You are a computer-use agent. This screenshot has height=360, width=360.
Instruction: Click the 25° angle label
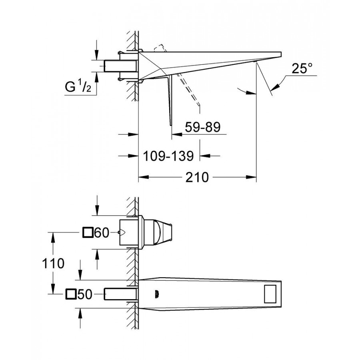pos(302,68)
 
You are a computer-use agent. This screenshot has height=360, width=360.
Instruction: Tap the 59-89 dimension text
pos(203,127)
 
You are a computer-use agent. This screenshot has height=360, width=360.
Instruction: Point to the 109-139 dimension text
pos(168,156)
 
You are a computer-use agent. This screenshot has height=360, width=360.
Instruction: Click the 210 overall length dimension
pos(197,177)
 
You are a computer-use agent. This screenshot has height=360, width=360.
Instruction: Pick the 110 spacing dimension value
pos(53,263)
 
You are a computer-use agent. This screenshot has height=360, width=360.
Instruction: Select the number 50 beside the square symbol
pos(85,294)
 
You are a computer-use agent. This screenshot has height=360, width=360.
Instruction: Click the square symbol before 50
pos(71,294)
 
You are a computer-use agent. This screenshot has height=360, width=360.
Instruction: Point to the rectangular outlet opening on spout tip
pos(270,294)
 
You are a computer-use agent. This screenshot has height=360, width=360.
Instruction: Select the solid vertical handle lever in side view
pos(170,100)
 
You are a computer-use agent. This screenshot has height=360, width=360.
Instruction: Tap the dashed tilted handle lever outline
pos(188,90)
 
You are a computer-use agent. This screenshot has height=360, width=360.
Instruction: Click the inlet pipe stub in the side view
pos(121,66)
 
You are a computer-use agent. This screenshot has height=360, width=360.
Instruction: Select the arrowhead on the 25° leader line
pos(275,87)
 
